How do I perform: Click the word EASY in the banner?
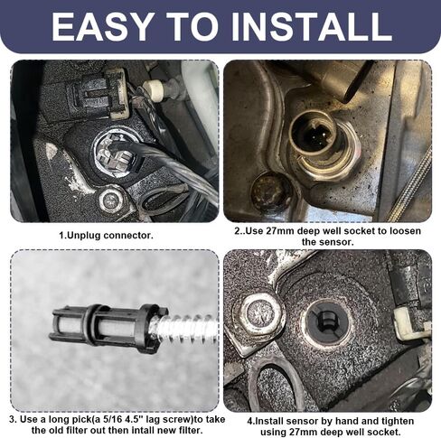101,27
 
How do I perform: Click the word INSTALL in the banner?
312,27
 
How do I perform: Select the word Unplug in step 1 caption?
83,236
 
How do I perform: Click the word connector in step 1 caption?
128,236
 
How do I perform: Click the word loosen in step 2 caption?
405,231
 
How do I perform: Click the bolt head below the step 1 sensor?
111,199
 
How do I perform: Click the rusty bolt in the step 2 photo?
270,190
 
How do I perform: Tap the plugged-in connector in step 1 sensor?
117,153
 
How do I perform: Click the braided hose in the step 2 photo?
410,183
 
